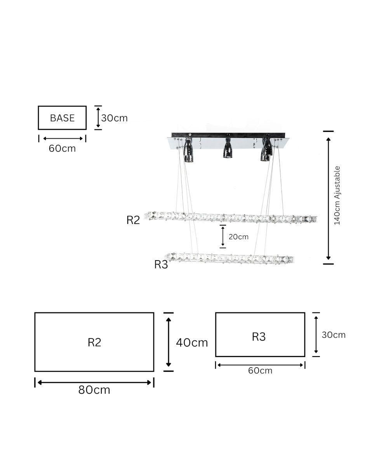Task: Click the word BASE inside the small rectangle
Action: (62, 118)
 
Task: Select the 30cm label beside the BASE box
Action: (115, 118)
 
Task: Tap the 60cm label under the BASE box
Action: (62, 149)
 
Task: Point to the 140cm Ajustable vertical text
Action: (337, 195)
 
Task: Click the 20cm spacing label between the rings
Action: (238, 237)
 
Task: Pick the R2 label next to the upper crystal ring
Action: (133, 220)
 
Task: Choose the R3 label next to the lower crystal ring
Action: (161, 264)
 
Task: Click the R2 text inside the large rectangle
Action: (94, 342)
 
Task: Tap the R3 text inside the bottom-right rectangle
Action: (259, 336)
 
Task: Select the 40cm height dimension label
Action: (192, 343)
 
